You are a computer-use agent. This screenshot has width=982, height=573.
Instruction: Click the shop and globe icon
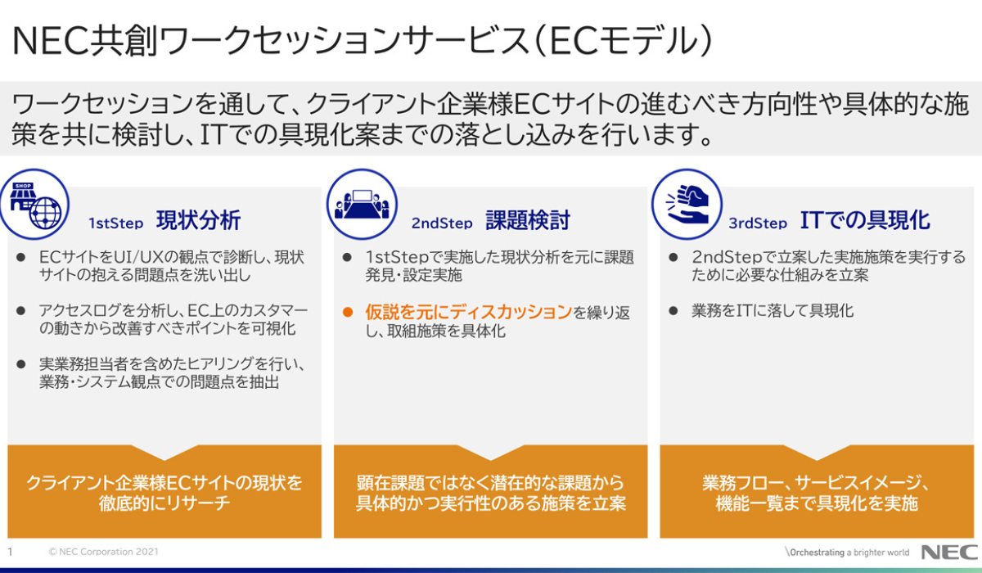coord(34,205)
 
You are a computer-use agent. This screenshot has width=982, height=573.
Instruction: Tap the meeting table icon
coord(362,205)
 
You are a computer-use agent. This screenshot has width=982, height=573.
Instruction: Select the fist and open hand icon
coord(687,205)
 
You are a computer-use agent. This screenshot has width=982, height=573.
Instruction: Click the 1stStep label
coord(116,223)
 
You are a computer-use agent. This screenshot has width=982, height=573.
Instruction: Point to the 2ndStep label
coord(442,223)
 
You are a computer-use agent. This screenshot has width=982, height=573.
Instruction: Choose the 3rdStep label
coord(758,223)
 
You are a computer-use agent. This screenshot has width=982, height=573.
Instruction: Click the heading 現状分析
coord(199,220)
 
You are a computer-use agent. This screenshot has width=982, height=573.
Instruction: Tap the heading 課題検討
coord(528,220)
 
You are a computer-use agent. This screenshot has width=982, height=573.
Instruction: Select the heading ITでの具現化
coord(865,220)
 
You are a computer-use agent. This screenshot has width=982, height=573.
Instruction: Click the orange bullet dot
coord(348,312)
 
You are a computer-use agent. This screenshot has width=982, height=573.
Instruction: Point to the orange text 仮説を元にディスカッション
coord(469,312)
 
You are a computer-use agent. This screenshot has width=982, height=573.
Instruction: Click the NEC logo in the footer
coord(949,553)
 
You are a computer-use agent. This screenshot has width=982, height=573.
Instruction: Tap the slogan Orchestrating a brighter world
coord(847,553)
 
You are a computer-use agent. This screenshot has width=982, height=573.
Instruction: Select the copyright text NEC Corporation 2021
coord(103,552)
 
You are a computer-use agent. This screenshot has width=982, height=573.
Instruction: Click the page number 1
coord(10,552)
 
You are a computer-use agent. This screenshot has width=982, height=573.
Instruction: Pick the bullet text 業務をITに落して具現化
coord(773,311)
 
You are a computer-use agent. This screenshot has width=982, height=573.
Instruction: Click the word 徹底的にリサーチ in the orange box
coord(164,503)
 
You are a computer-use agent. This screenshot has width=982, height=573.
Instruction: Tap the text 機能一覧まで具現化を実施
coord(817,503)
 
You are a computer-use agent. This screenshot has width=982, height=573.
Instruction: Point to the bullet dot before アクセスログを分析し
coord(20,311)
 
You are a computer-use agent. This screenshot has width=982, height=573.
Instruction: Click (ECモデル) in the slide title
coord(623,41)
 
